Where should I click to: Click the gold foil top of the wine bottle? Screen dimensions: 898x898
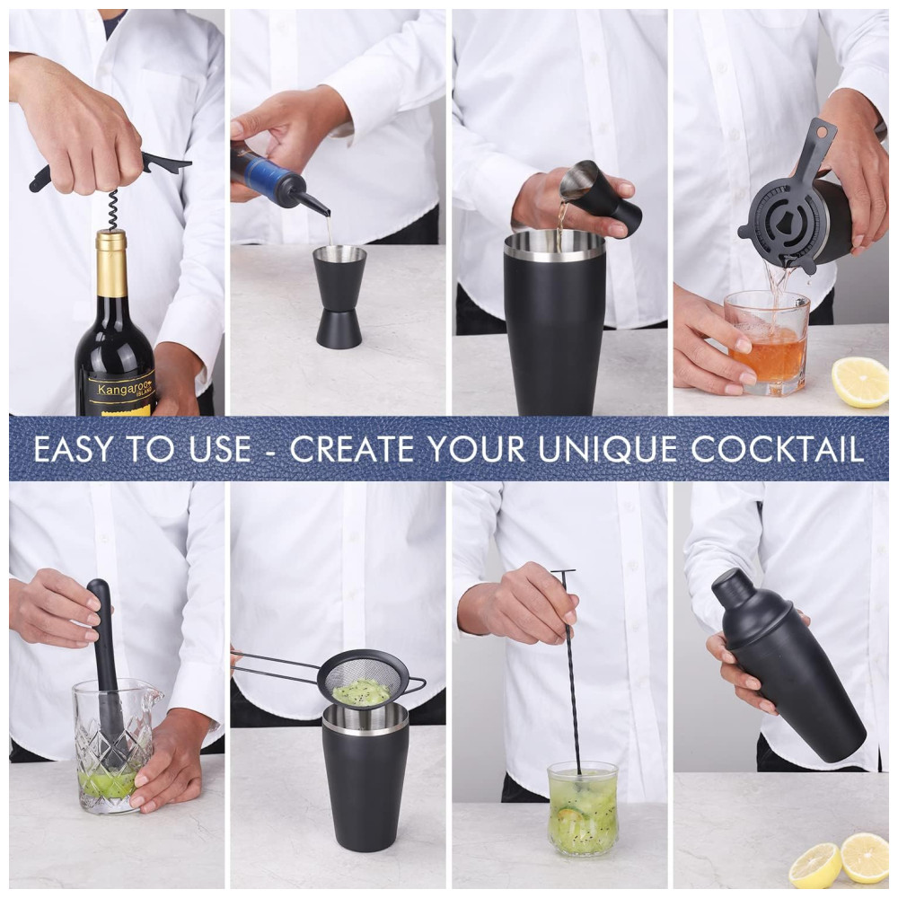tap(111, 263)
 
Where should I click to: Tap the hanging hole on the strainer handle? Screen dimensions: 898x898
tap(824, 132)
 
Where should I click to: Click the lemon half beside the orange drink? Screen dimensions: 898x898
tap(859, 382)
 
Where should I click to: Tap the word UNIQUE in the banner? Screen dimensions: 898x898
tap(608, 450)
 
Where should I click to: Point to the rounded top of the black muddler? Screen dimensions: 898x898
tap(98, 589)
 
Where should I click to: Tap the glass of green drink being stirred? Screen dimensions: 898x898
tap(583, 807)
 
